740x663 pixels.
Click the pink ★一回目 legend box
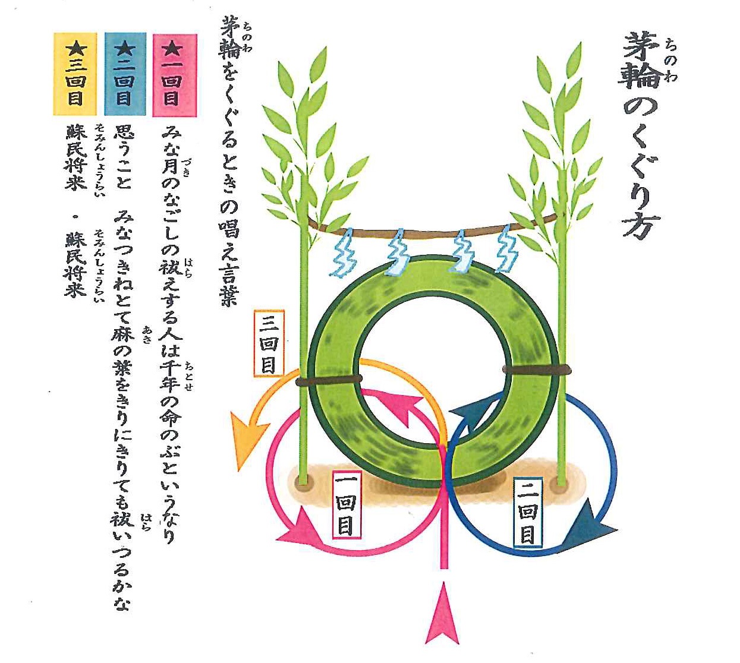click(175, 75)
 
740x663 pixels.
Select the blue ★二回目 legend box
click(125, 74)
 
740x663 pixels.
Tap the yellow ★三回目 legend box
click(75, 74)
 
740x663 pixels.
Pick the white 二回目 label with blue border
click(527, 511)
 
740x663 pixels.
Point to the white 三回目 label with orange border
click(269, 343)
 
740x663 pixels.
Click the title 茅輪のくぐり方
click(640, 136)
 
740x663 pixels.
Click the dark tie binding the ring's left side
click(329, 380)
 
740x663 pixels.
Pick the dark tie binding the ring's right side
click(537, 370)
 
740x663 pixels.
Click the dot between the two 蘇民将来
click(75, 217)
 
